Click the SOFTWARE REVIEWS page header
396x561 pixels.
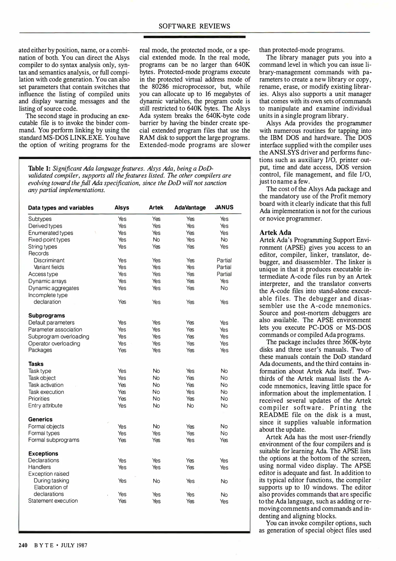[194, 26]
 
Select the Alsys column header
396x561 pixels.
[122, 208]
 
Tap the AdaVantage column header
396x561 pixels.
[190, 208]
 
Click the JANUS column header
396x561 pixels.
[224, 207]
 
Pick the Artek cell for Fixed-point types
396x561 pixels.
[156, 240]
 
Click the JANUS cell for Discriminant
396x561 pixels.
[224, 260]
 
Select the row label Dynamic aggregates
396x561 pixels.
[54, 288]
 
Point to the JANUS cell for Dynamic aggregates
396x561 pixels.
[224, 288]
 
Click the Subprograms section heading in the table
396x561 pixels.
[47, 316]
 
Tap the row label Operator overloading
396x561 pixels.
[54, 343]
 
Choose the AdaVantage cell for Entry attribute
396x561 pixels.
[190, 406]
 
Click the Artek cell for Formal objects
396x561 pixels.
[156, 426]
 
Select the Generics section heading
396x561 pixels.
[40, 419]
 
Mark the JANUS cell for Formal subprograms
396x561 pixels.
[224, 440]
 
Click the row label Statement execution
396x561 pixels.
[53, 501]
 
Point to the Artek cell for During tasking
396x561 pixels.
[156, 481]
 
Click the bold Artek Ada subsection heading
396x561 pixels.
[275, 232]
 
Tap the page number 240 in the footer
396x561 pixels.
[23, 545]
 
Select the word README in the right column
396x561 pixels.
[274, 415]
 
